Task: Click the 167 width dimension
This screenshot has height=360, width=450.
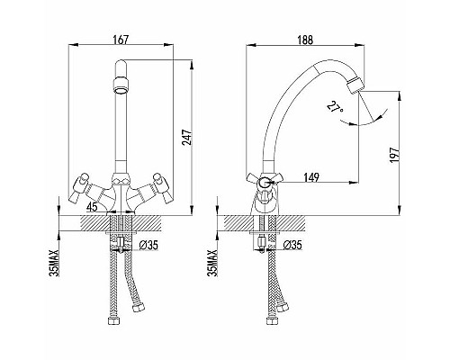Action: coord(121,40)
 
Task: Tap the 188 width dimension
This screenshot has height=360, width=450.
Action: coord(305,40)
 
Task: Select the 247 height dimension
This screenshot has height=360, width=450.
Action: coord(186,138)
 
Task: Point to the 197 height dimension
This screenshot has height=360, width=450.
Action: coord(395,155)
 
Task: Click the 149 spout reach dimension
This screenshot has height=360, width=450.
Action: coord(310,177)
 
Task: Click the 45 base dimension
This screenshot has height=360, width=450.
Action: coord(92,207)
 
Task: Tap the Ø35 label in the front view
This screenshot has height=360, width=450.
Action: coord(148,246)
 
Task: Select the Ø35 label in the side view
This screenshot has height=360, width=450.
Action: coord(292,245)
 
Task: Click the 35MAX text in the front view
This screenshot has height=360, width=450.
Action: coord(54,263)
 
